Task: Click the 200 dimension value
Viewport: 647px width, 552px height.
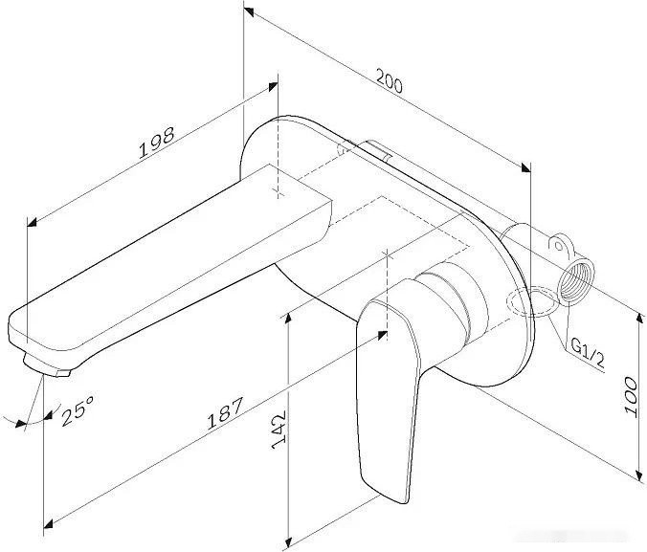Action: pos(389,83)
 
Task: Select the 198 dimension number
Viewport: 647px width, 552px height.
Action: pos(156,143)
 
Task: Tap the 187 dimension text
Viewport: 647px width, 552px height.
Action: pos(225,413)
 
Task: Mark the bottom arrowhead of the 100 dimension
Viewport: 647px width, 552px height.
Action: pos(639,475)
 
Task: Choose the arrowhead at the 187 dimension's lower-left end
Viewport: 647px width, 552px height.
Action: pos(49,522)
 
